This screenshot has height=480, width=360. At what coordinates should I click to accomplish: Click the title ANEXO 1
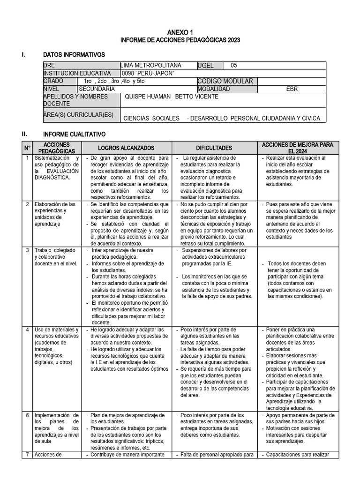point(180,32)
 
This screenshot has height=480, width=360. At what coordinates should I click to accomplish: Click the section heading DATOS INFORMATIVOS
point(74,55)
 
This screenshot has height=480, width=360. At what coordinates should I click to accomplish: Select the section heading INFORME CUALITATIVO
point(74,134)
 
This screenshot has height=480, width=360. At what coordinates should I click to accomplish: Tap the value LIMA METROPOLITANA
point(151,66)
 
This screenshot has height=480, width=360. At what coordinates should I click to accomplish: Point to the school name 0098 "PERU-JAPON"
point(148,73)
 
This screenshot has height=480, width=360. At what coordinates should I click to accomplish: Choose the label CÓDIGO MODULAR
point(225,81)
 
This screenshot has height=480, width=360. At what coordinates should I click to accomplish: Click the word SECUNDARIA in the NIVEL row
point(97,89)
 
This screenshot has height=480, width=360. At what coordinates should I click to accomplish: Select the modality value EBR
point(292,89)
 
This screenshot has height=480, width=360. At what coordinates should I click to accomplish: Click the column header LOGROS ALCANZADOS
point(126,148)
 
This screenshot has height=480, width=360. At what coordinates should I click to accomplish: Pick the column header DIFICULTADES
point(214,148)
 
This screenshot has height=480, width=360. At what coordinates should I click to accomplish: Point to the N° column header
point(27,148)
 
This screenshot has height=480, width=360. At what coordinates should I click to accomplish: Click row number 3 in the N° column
point(28,250)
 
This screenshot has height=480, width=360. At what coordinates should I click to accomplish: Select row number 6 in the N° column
point(28,415)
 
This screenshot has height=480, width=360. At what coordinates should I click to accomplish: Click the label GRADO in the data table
point(53,81)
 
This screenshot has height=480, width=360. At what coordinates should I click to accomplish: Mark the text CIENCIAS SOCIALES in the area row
point(151,118)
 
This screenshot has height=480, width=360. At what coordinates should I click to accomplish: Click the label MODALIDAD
point(214,89)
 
